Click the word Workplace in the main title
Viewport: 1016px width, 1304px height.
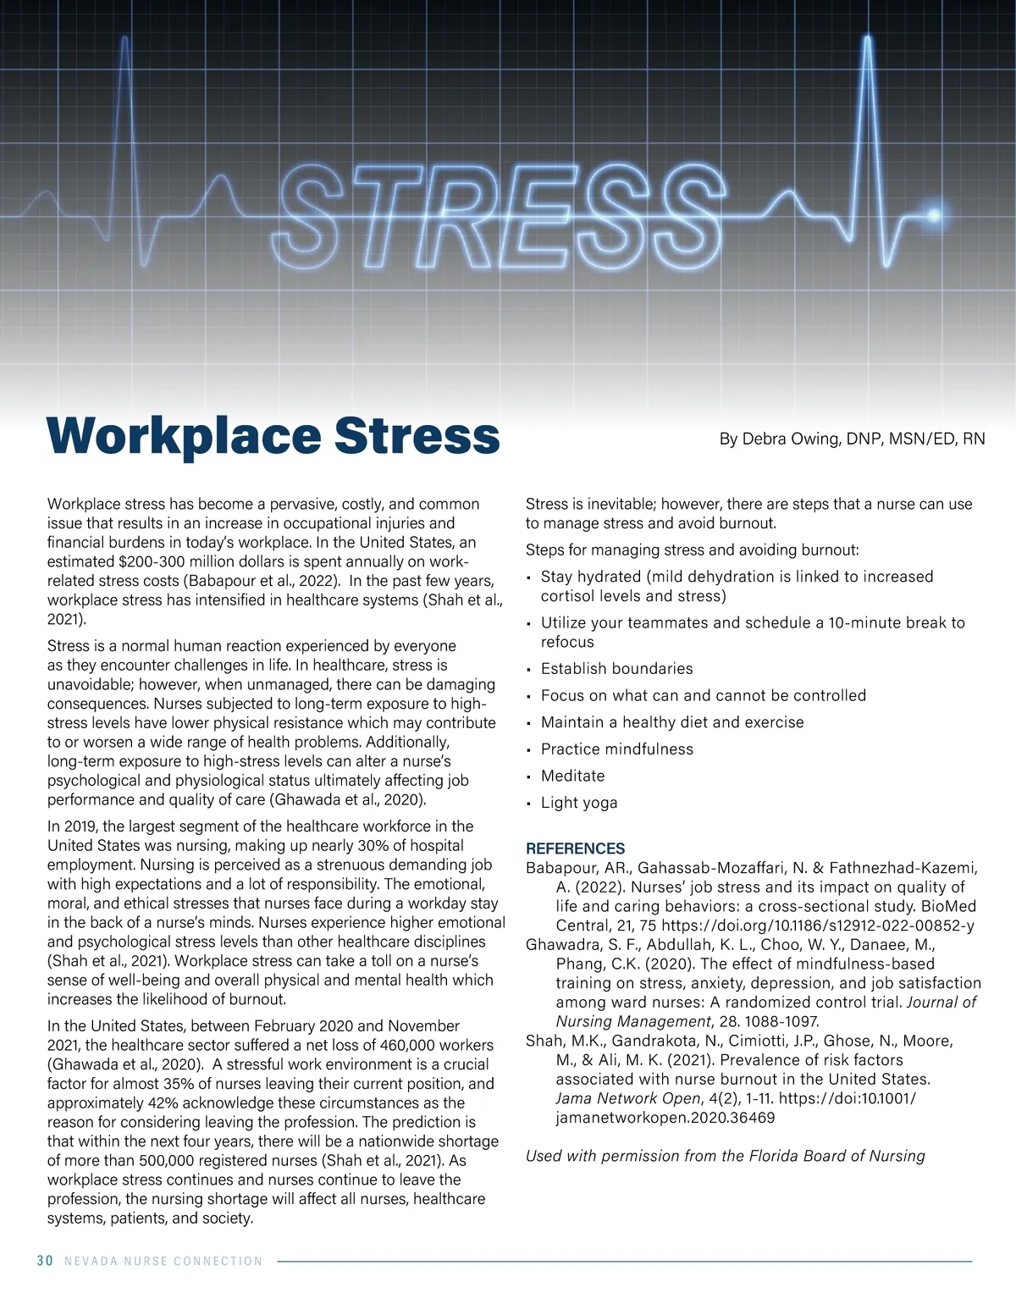[183, 435]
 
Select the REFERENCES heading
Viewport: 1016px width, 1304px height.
[575, 848]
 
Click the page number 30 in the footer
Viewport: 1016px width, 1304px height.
[45, 1261]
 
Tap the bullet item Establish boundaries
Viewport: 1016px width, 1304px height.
[616, 669]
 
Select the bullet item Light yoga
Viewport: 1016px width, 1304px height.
[579, 803]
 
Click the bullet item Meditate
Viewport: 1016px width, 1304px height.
[572, 776]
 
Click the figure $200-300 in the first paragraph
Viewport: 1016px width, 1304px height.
[150, 561]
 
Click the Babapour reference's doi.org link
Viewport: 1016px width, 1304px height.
[817, 926]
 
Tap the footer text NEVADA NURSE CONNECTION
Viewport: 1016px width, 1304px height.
[163, 1261]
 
